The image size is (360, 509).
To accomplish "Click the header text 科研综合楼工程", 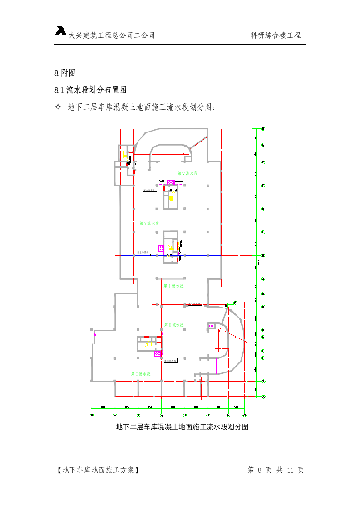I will (276, 35).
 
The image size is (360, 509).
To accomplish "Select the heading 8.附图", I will (64, 73).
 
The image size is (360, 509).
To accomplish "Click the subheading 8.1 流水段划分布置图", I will (90, 90).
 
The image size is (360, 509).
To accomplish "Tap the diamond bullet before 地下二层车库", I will (58, 108).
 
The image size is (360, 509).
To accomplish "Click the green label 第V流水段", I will (187, 173).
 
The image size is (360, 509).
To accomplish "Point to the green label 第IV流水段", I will (149, 223).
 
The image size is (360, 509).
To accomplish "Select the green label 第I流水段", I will (141, 374).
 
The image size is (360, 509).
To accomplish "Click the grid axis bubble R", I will (263, 129).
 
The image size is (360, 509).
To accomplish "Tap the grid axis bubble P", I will (263, 162).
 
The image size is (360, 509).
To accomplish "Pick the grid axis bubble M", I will (263, 209).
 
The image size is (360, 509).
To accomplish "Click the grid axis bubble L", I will (263, 232).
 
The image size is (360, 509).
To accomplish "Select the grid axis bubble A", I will (263, 396).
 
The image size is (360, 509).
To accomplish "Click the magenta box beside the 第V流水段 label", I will (171, 182).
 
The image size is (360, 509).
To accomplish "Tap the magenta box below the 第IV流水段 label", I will (161, 248).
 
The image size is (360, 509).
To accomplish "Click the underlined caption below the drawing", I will (183, 427).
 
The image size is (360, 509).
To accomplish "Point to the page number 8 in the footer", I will (260, 470).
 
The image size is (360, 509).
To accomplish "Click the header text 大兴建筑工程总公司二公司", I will (112, 35).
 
